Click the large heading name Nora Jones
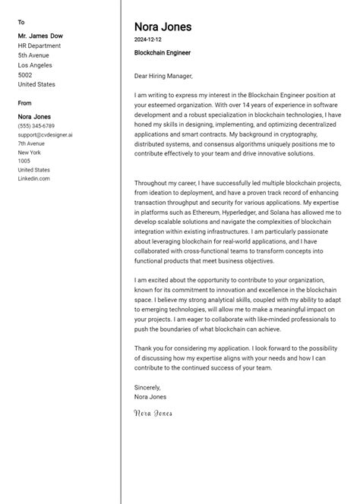(x=163, y=27)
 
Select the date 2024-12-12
(x=147, y=39)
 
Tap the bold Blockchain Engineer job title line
(x=162, y=53)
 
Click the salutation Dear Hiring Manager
(x=163, y=76)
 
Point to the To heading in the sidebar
(x=21, y=22)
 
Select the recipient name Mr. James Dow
(x=39, y=35)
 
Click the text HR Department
(x=39, y=45)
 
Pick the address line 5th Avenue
(x=33, y=55)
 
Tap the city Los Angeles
(x=36, y=65)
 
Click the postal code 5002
(x=25, y=75)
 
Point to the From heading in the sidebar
(x=25, y=102)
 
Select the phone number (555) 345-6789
(x=36, y=126)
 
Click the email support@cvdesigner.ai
(x=46, y=134)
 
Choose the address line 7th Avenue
(x=32, y=143)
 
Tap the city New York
(x=30, y=153)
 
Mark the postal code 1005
(x=24, y=161)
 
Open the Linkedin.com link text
(x=34, y=179)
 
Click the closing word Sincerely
(x=147, y=387)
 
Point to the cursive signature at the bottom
(x=153, y=414)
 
